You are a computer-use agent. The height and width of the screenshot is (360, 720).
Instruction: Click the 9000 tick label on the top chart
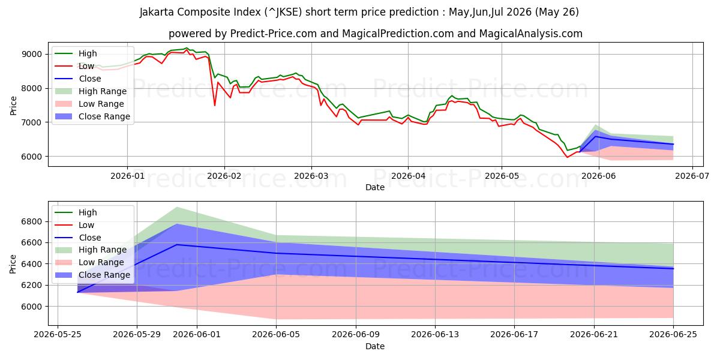tap(32, 54)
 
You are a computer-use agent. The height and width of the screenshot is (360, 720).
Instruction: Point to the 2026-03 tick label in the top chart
tap(311, 176)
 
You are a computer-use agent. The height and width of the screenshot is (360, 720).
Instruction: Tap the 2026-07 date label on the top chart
tap(692, 176)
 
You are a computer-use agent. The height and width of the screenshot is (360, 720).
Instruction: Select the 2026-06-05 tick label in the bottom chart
tap(276, 335)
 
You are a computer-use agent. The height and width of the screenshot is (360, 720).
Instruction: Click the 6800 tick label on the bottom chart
tap(32, 221)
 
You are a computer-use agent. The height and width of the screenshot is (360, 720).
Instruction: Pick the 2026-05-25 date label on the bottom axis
tap(58, 335)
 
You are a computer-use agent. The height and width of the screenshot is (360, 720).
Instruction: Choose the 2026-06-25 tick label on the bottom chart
tap(673, 335)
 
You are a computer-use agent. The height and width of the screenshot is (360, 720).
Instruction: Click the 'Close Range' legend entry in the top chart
tap(92, 116)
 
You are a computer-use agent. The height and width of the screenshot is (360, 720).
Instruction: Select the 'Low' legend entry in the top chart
tap(74, 66)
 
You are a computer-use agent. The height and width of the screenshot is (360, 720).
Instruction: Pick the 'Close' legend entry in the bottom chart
tap(78, 238)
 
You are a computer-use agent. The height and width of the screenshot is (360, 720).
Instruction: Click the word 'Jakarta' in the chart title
tap(157, 12)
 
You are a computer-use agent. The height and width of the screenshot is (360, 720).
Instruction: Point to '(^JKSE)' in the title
tap(283, 12)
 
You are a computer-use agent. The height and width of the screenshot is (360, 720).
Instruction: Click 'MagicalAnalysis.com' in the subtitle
tap(530, 34)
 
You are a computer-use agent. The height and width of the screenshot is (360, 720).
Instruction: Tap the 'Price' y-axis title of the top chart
tap(13, 106)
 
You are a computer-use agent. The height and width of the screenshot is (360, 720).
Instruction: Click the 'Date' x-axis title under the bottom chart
tap(375, 346)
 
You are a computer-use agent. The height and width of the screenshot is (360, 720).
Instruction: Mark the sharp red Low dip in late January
tap(215, 106)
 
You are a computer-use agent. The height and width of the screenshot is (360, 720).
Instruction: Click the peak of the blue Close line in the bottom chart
tap(177, 245)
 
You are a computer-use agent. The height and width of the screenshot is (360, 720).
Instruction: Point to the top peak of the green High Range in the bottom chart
tap(177, 208)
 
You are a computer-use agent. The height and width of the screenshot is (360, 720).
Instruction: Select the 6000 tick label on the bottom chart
tap(32, 307)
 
